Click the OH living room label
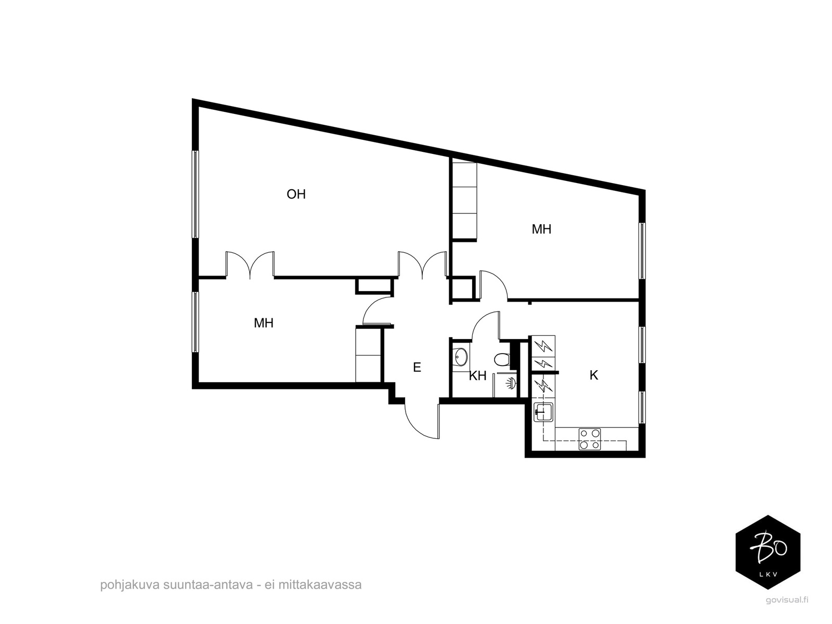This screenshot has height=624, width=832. pos(296,194)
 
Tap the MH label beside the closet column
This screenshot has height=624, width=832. pos(541,229)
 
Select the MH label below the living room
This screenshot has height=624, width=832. pos(264,323)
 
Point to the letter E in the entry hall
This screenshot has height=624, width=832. pos(417,367)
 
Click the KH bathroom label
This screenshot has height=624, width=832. pos(477,376)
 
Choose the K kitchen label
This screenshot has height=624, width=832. pos(594,375)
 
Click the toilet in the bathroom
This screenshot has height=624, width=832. pos(502,359)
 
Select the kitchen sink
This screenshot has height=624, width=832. pos(543,412)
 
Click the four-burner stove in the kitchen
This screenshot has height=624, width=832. pos(589,439)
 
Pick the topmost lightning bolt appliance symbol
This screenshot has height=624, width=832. pos(543,346)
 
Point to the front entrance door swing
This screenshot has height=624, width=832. pos(422,419)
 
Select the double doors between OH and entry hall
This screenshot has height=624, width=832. pos(422,265)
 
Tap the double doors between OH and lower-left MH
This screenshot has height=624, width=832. pos(250,265)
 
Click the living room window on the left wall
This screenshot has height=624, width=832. pos(195,194)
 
